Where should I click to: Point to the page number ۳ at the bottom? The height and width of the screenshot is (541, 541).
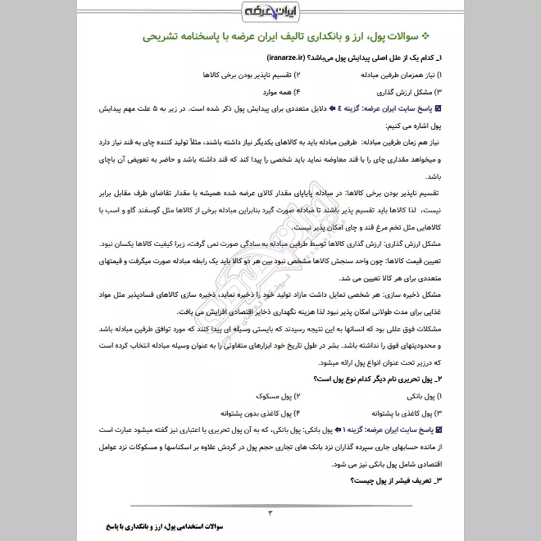tap(270, 512)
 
